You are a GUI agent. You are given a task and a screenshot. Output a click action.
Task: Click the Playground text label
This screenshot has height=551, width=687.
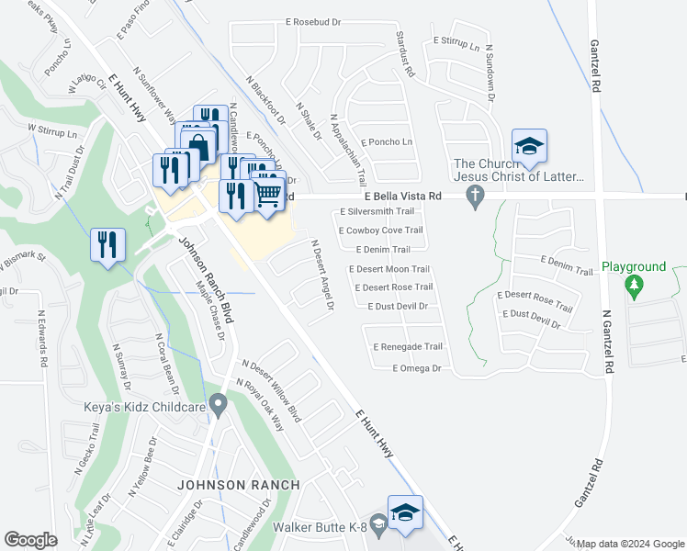tap(634, 267)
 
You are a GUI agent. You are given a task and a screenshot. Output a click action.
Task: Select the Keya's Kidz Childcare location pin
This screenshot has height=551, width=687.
tap(218, 403)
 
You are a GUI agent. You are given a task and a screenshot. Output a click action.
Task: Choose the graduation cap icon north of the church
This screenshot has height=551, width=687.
tap(529, 147)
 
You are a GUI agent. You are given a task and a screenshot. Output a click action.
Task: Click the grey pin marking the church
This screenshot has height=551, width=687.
tap(475, 196)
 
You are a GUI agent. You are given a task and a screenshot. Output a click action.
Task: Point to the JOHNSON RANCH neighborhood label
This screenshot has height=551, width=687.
tap(238, 485)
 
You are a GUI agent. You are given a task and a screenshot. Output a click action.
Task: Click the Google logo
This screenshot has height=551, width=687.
tap(31, 539)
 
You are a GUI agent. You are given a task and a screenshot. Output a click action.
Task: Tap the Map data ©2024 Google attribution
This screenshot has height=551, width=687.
tap(629, 543)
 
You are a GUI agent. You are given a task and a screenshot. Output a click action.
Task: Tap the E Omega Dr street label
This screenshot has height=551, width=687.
tap(417, 368)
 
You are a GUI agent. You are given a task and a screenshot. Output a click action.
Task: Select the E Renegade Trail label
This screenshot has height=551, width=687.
tap(408, 347)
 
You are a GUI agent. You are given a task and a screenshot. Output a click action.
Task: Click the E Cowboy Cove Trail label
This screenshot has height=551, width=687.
tap(380, 231)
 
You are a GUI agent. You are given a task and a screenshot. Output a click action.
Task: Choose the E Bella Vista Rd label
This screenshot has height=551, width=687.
tap(401, 197)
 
